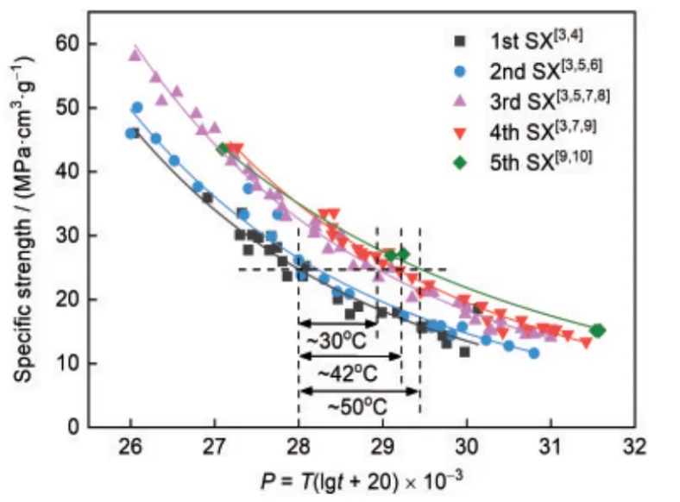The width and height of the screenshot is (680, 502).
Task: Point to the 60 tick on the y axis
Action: pyautogui.click(x=69, y=44)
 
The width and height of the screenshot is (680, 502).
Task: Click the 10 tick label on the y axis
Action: pyautogui.click(x=69, y=363)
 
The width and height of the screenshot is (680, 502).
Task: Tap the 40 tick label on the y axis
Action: pyautogui.click(x=69, y=172)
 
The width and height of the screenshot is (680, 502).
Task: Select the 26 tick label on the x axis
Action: pyautogui.click(x=130, y=447)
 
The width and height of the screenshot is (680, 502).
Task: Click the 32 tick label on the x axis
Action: pyautogui.click(x=635, y=447)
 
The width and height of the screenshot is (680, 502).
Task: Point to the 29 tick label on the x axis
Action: pyautogui.click(x=382, y=447)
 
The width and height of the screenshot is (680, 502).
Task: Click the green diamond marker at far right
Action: pyautogui.click(x=597, y=330)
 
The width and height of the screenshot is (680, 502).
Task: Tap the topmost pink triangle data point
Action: pyautogui.click(x=135, y=54)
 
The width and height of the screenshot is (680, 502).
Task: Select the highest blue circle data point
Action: pyautogui.click(x=137, y=108)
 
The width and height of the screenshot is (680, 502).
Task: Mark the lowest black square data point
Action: pyautogui.click(x=464, y=351)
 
